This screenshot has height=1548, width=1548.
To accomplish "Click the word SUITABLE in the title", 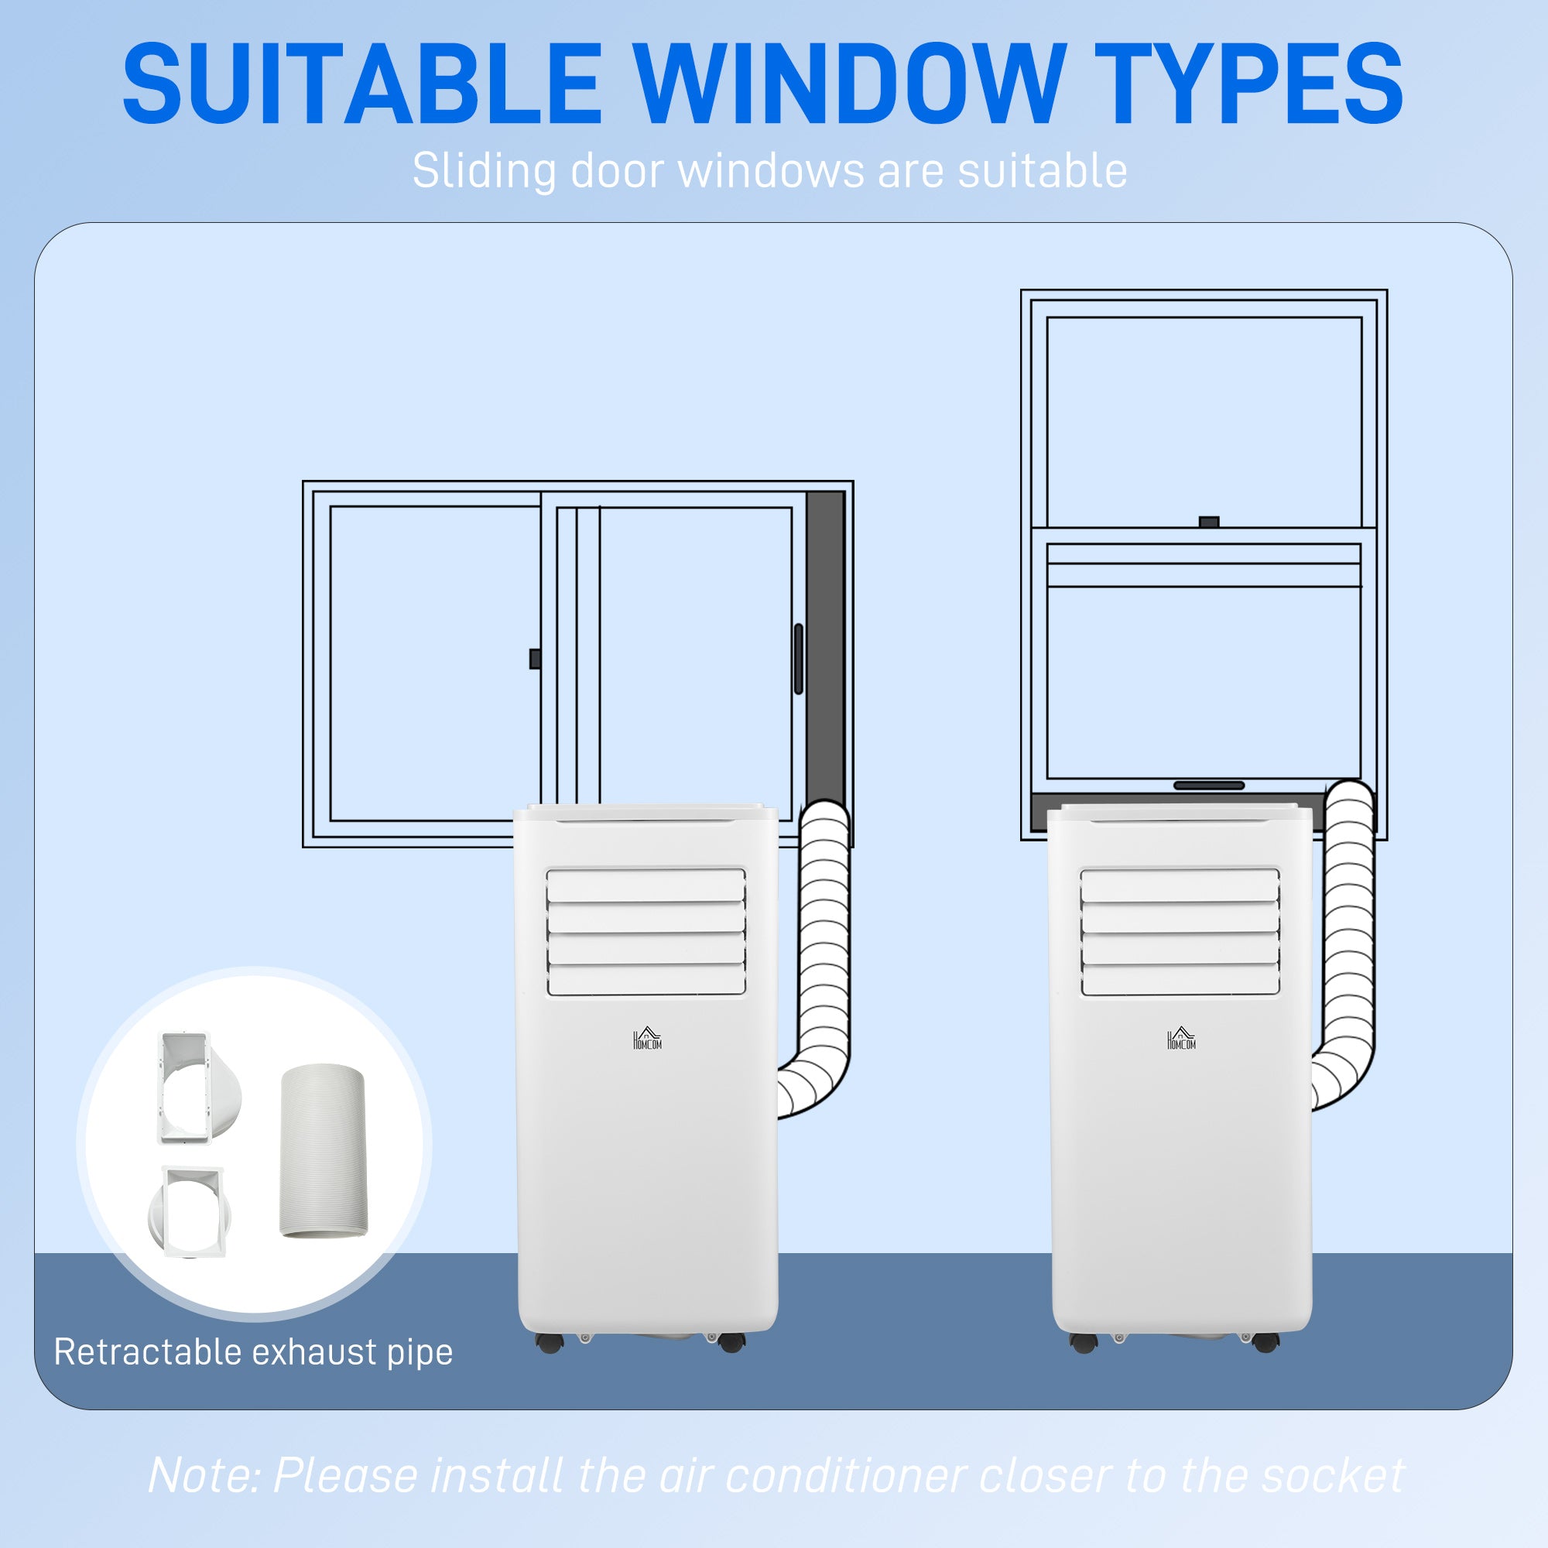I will (362, 84).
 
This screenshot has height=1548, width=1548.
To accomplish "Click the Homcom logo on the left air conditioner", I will (647, 1039).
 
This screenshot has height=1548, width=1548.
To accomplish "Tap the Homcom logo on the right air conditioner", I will (1181, 1039).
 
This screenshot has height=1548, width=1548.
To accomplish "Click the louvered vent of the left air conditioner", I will (646, 932).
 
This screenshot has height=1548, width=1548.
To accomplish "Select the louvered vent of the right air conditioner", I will (1180, 932).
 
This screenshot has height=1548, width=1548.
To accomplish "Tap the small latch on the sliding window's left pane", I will (534, 659).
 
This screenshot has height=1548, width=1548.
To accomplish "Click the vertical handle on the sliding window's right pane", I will (798, 659).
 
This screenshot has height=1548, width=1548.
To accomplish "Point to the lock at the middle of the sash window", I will (1208, 522).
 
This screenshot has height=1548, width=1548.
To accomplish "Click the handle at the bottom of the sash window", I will (1208, 785).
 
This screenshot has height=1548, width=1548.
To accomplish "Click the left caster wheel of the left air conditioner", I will (550, 1343).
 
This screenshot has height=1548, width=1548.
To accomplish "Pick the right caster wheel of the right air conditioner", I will (1265, 1343).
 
